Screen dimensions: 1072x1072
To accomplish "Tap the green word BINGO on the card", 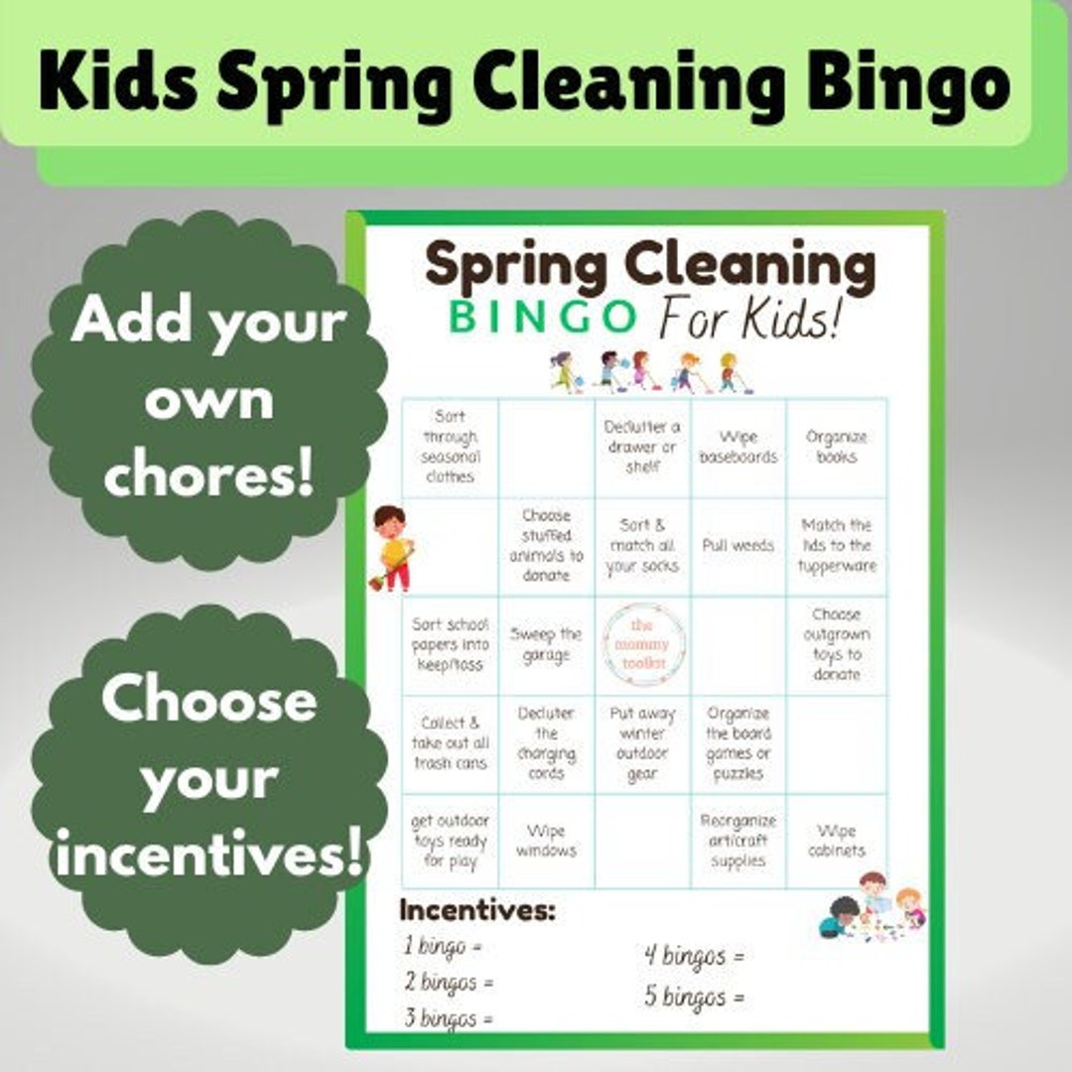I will click(x=542, y=318).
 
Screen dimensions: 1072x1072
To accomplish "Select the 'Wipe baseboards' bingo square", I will click(x=738, y=448).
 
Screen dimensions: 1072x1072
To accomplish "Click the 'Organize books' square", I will click(x=836, y=448).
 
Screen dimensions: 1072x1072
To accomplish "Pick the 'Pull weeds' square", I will click(x=738, y=546).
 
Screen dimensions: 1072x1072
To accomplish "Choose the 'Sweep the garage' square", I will click(x=546, y=645).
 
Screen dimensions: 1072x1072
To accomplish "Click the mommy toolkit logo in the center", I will click(x=642, y=645).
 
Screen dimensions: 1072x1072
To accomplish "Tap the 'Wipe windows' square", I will click(x=546, y=841).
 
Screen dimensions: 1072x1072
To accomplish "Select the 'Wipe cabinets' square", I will click(x=836, y=841).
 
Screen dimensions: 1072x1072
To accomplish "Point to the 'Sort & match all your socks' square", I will click(x=642, y=546).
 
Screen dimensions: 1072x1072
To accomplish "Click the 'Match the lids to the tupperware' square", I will click(x=836, y=546).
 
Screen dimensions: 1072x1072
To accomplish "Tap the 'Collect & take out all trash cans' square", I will click(x=450, y=743).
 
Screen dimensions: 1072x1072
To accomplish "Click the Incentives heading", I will click(x=476, y=910).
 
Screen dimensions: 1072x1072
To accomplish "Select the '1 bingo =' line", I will click(x=443, y=946).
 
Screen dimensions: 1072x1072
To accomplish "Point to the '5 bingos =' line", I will click(x=694, y=996).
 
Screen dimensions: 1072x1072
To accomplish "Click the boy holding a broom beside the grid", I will click(x=393, y=548).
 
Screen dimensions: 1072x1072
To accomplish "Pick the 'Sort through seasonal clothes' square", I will click(x=450, y=448).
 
